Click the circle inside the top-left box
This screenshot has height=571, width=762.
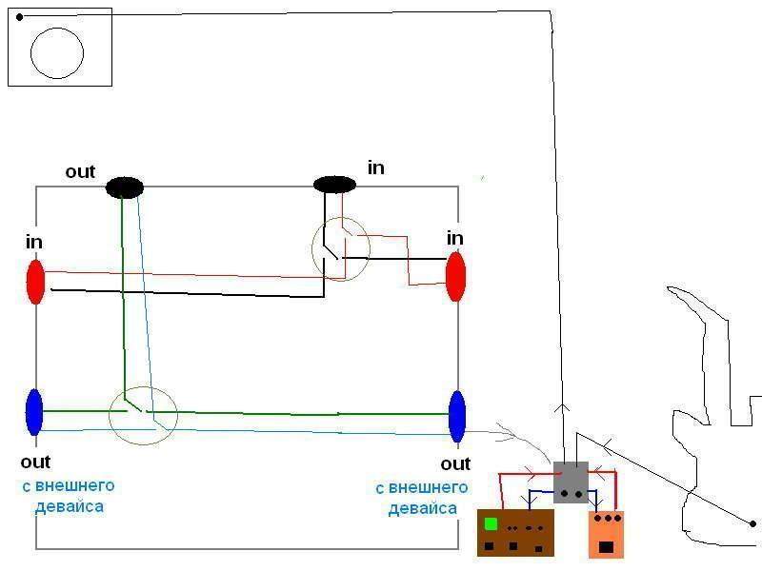pyautogui.click(x=57, y=52)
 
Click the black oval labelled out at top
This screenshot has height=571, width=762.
pyautogui.click(x=124, y=187)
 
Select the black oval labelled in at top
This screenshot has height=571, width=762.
pyautogui.click(x=334, y=184)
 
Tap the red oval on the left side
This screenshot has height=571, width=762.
pyautogui.click(x=35, y=281)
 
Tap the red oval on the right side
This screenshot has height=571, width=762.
pyautogui.click(x=455, y=275)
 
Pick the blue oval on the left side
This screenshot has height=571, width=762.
pyautogui.click(x=34, y=411)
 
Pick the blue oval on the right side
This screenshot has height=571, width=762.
pyautogui.click(x=457, y=416)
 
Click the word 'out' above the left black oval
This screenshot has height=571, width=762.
pyautogui.click(x=80, y=172)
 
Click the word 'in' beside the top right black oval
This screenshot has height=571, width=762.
pyautogui.click(x=376, y=168)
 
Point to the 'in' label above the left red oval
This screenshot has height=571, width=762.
pyautogui.click(x=34, y=243)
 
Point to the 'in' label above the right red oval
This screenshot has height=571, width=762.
pyautogui.click(x=455, y=237)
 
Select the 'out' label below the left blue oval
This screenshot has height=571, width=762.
pyautogui.click(x=35, y=463)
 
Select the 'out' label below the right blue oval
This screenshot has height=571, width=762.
pyautogui.click(x=455, y=464)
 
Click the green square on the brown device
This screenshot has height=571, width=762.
pyautogui.click(x=491, y=523)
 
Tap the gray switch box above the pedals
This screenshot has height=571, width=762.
pyautogui.click(x=571, y=482)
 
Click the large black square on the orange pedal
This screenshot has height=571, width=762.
pyautogui.click(x=606, y=547)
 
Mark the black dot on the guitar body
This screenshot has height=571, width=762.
pyautogui.click(x=752, y=523)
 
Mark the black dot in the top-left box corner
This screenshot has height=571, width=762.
pyautogui.click(x=19, y=16)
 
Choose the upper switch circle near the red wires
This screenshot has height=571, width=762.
pyautogui.click(x=340, y=248)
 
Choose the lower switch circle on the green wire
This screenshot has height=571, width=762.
pyautogui.click(x=143, y=414)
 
